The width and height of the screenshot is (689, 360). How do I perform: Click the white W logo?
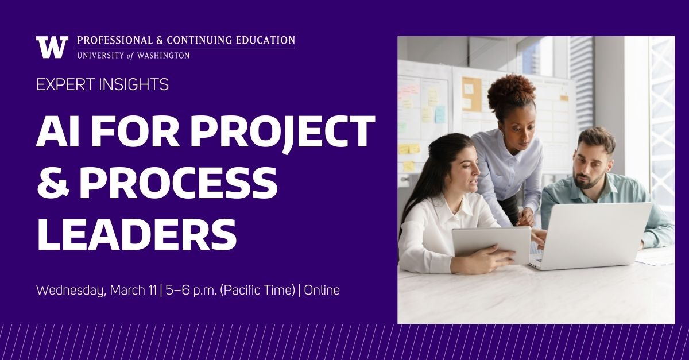click(52, 47)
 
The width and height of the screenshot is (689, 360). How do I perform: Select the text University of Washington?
click(133, 55)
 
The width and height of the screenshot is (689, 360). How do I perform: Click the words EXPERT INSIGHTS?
click(102, 84)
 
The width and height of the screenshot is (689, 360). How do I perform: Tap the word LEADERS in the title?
click(136, 231)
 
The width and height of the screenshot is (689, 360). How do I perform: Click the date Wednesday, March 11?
click(96, 290)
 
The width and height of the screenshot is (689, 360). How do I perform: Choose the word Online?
click(322, 290)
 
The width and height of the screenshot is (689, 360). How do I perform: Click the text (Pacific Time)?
click(258, 290)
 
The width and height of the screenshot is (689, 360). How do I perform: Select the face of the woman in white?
click(460, 169)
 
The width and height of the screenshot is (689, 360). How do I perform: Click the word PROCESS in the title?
click(178, 181)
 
